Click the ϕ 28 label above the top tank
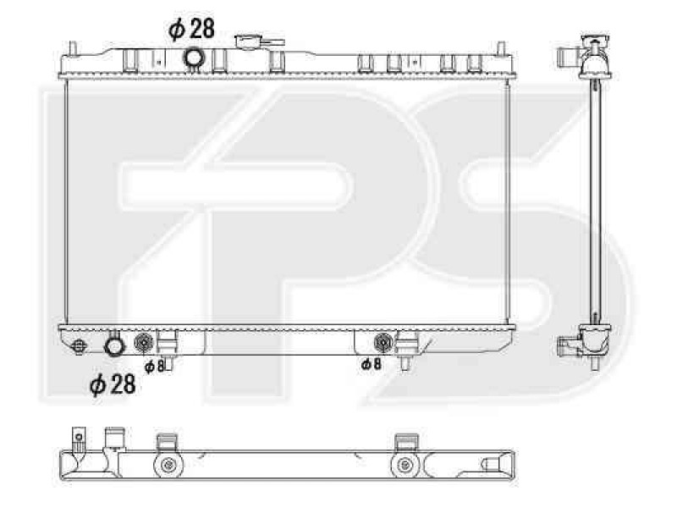[191, 29]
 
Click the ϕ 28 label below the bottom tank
[113, 384]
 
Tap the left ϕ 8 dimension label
[155, 367]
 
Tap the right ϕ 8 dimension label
[371, 364]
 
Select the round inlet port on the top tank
[194, 58]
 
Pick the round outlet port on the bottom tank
[114, 346]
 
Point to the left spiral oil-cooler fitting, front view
[144, 343]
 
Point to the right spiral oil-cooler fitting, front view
[383, 343]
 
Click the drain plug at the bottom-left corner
[79, 346]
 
